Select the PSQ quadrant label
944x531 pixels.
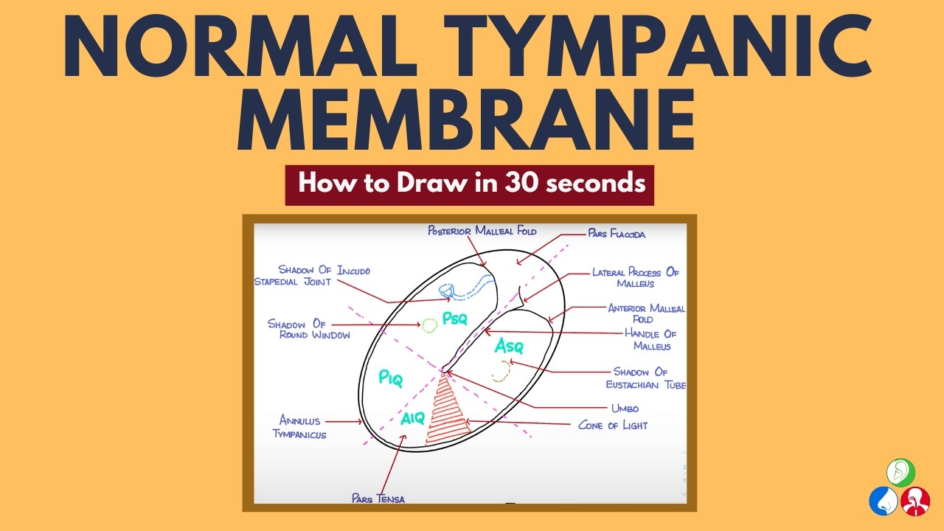coord(454,319)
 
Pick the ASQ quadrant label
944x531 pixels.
coord(509,345)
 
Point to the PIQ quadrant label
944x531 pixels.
coord(390,378)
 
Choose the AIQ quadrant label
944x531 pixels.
coord(413,419)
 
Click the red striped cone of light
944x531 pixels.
coord(447,413)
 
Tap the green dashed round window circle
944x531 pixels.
coord(429,324)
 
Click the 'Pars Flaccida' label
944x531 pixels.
coord(617,235)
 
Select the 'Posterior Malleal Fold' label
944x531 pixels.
coord(482,231)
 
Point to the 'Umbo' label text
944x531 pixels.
coord(624,408)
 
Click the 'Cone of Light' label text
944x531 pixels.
coord(613,426)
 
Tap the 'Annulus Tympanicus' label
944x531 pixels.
coord(299,428)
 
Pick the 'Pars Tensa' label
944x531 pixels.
coord(378,498)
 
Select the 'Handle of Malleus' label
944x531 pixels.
coord(650,340)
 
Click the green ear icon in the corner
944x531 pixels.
coord(900,472)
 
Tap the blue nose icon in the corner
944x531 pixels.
coord(884,502)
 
